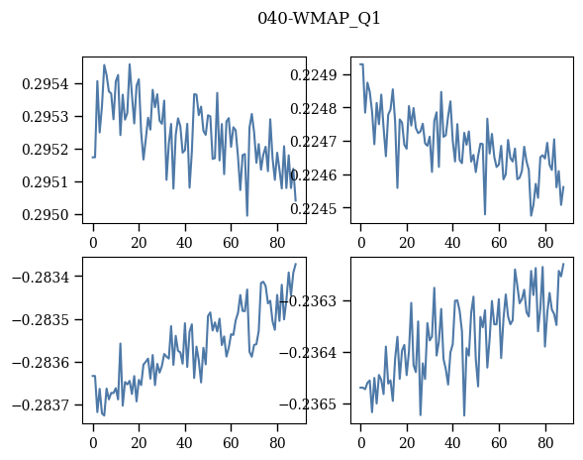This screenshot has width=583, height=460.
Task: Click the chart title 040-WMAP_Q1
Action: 319,19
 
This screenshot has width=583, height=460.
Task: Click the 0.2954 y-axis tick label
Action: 46,84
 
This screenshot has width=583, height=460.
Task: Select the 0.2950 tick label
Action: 46,215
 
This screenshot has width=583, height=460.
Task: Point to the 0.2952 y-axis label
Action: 46,150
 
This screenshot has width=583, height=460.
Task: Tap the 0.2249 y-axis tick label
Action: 314,75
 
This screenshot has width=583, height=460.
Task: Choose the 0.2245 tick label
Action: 314,208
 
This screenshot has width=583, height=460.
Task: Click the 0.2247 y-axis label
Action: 314,142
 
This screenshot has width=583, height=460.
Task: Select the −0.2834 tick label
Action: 41,278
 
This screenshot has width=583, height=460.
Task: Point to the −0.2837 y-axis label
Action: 41,404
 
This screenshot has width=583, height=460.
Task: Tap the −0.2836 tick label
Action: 41,363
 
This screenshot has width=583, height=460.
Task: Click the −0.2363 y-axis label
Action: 308,301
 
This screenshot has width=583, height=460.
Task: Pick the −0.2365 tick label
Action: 308,404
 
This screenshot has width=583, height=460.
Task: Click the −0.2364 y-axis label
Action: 308,352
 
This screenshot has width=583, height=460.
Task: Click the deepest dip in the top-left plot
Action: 246,215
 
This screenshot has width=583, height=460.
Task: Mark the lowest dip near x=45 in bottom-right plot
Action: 464,415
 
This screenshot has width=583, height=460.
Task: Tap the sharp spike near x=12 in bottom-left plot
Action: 120,343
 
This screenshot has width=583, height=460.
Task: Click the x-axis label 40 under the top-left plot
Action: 184,243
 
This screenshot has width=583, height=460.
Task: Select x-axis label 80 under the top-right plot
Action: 545,243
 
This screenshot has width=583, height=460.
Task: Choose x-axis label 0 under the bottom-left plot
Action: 93,443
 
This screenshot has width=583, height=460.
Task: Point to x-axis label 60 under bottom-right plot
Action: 499,443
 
